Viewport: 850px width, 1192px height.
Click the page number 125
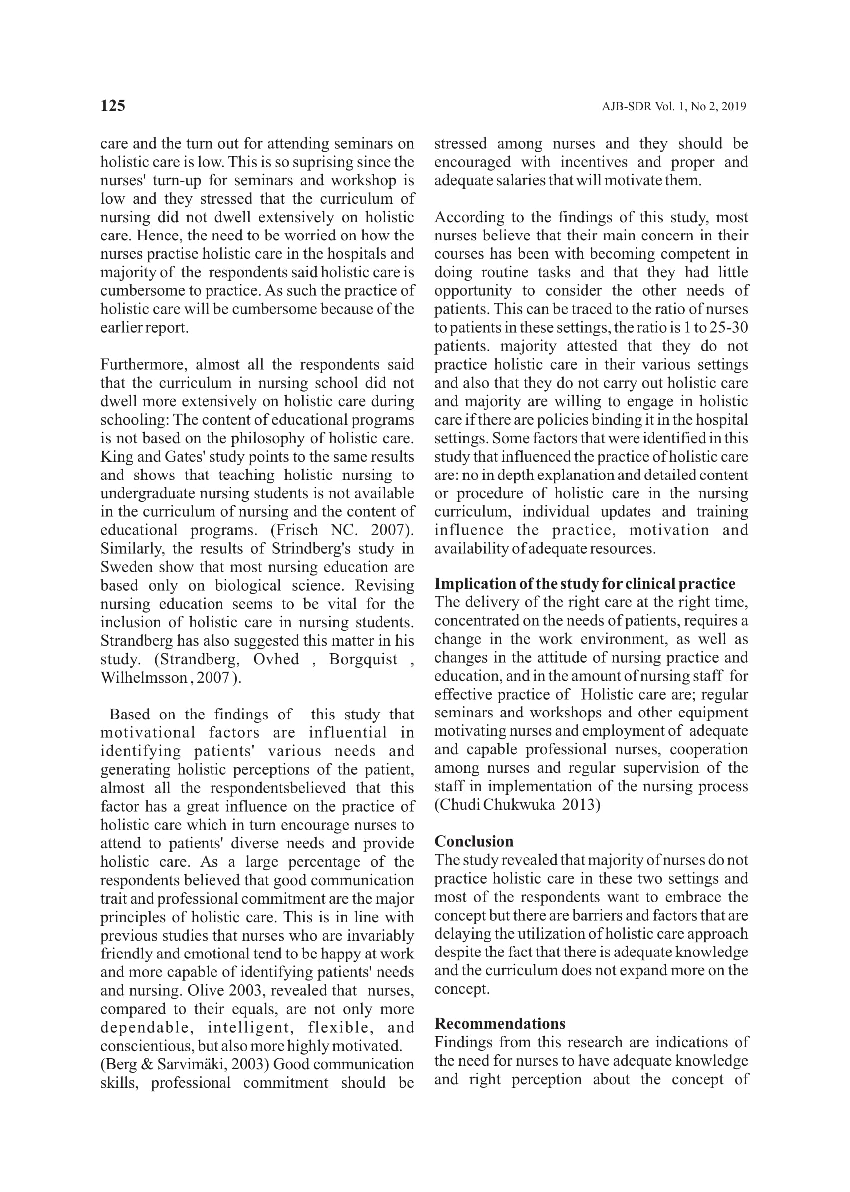pos(113,106)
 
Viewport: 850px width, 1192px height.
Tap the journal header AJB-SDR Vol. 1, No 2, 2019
pos(673,107)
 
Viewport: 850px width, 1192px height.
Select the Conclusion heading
pos(474,841)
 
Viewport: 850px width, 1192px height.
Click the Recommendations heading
pos(500,1023)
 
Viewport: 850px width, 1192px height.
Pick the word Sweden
pos(127,567)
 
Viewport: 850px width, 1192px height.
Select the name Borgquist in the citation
pos(363,659)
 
